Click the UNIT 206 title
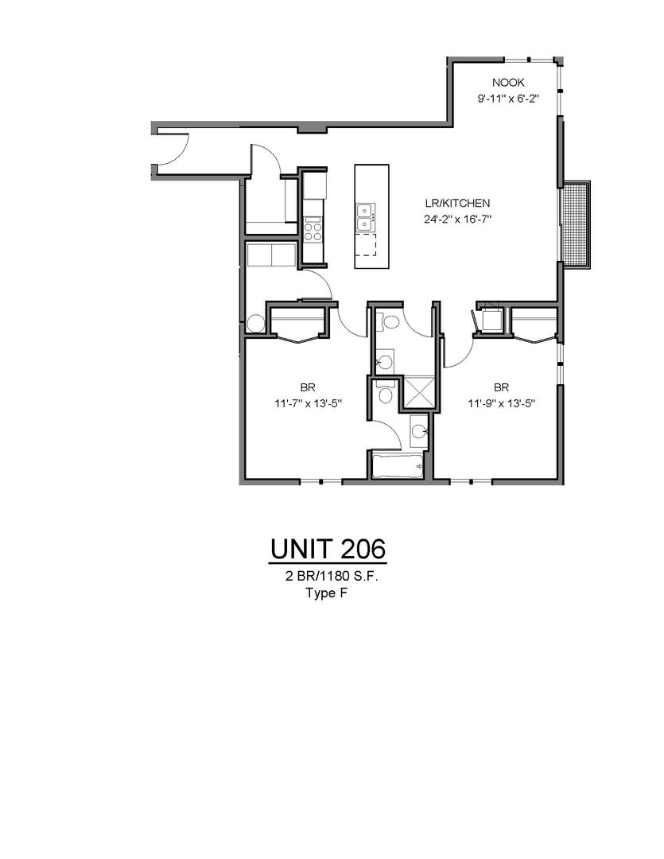pos(328,549)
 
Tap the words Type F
pos(327,593)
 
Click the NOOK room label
pos(508,83)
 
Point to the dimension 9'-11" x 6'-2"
pos(508,99)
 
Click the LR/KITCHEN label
pos(457,204)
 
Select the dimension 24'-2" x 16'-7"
pos(457,220)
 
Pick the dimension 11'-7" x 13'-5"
pos(309,404)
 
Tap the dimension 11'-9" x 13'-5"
pos(501,404)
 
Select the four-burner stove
pos(313,229)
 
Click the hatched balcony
pos(576,224)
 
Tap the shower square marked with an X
pos(419,391)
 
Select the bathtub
pos(398,465)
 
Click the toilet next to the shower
pos(386,394)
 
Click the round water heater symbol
pos(255,324)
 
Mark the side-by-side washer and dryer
pos(271,255)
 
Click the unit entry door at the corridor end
pos(172,148)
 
